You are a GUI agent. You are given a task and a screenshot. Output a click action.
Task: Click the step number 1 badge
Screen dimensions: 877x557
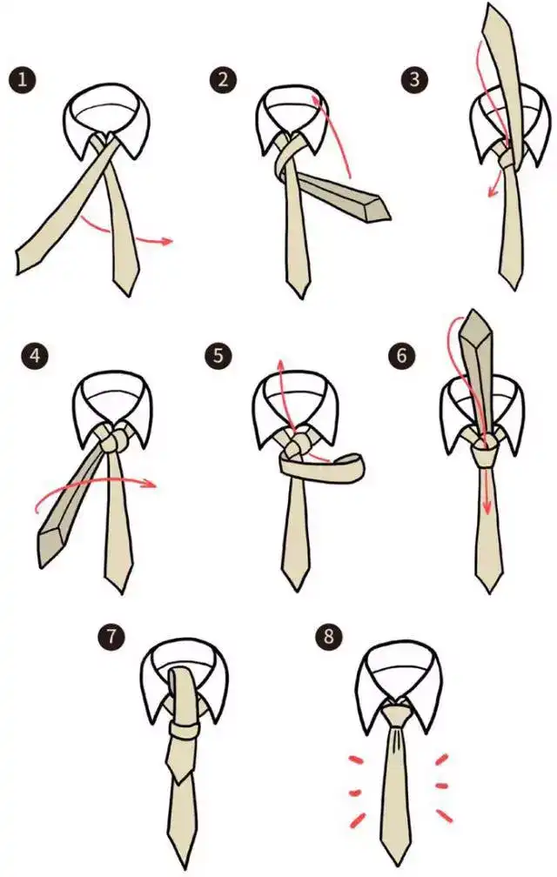23,81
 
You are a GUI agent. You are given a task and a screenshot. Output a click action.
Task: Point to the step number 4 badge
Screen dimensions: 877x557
33,356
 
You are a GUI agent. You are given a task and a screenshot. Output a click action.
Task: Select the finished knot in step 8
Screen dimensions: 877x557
397,717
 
